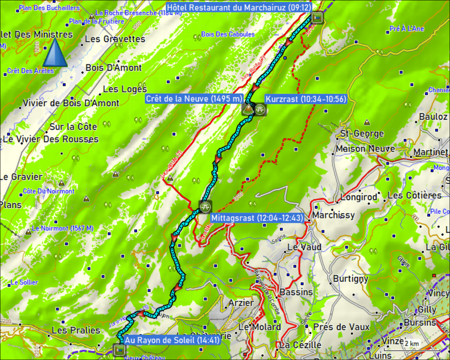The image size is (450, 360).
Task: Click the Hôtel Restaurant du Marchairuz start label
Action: click(x=238, y=7)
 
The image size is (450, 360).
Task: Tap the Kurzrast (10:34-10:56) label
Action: click(x=306, y=99)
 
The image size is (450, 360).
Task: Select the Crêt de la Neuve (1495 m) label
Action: click(x=194, y=99)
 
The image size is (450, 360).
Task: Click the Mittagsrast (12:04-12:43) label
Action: click(x=257, y=218)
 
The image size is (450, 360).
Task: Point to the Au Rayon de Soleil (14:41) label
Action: click(x=172, y=340)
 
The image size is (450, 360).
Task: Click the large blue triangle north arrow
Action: click(x=55, y=52)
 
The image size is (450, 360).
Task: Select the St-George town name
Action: click(x=362, y=134)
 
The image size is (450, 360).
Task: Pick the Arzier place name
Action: click(x=241, y=303)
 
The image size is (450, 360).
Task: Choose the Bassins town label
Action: click(x=296, y=292)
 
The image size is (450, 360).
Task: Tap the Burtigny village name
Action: click(x=351, y=279)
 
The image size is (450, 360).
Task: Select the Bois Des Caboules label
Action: click(x=228, y=34)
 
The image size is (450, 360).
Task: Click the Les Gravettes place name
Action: click(x=115, y=39)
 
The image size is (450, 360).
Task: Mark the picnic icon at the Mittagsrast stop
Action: click(x=205, y=207)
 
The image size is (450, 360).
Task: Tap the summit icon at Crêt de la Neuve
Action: click(x=247, y=109)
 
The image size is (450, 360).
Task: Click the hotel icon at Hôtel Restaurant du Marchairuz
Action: click(x=317, y=17)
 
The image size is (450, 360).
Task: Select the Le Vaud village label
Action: click(x=304, y=247)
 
